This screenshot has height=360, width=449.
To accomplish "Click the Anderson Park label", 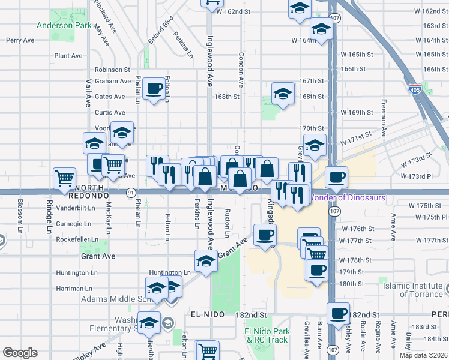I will tap(64, 26).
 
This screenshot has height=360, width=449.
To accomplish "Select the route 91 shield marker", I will tap(130, 192).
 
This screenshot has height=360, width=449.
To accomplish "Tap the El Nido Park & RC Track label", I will tap(267, 335).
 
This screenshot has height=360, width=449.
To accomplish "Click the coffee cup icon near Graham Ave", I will tap(155, 89).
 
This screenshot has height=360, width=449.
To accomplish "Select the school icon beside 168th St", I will tap(283, 94).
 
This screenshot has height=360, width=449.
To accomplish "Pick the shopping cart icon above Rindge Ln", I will tap(64, 177).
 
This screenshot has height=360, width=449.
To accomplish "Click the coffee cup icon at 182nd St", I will tap(338, 313).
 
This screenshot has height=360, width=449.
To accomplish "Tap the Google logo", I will tap(20, 353).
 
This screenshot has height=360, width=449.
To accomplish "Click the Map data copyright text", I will tap(423, 355).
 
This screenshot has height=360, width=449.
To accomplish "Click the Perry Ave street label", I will tap(20, 40).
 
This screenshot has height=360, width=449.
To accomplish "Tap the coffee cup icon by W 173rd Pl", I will tap(336, 176).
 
